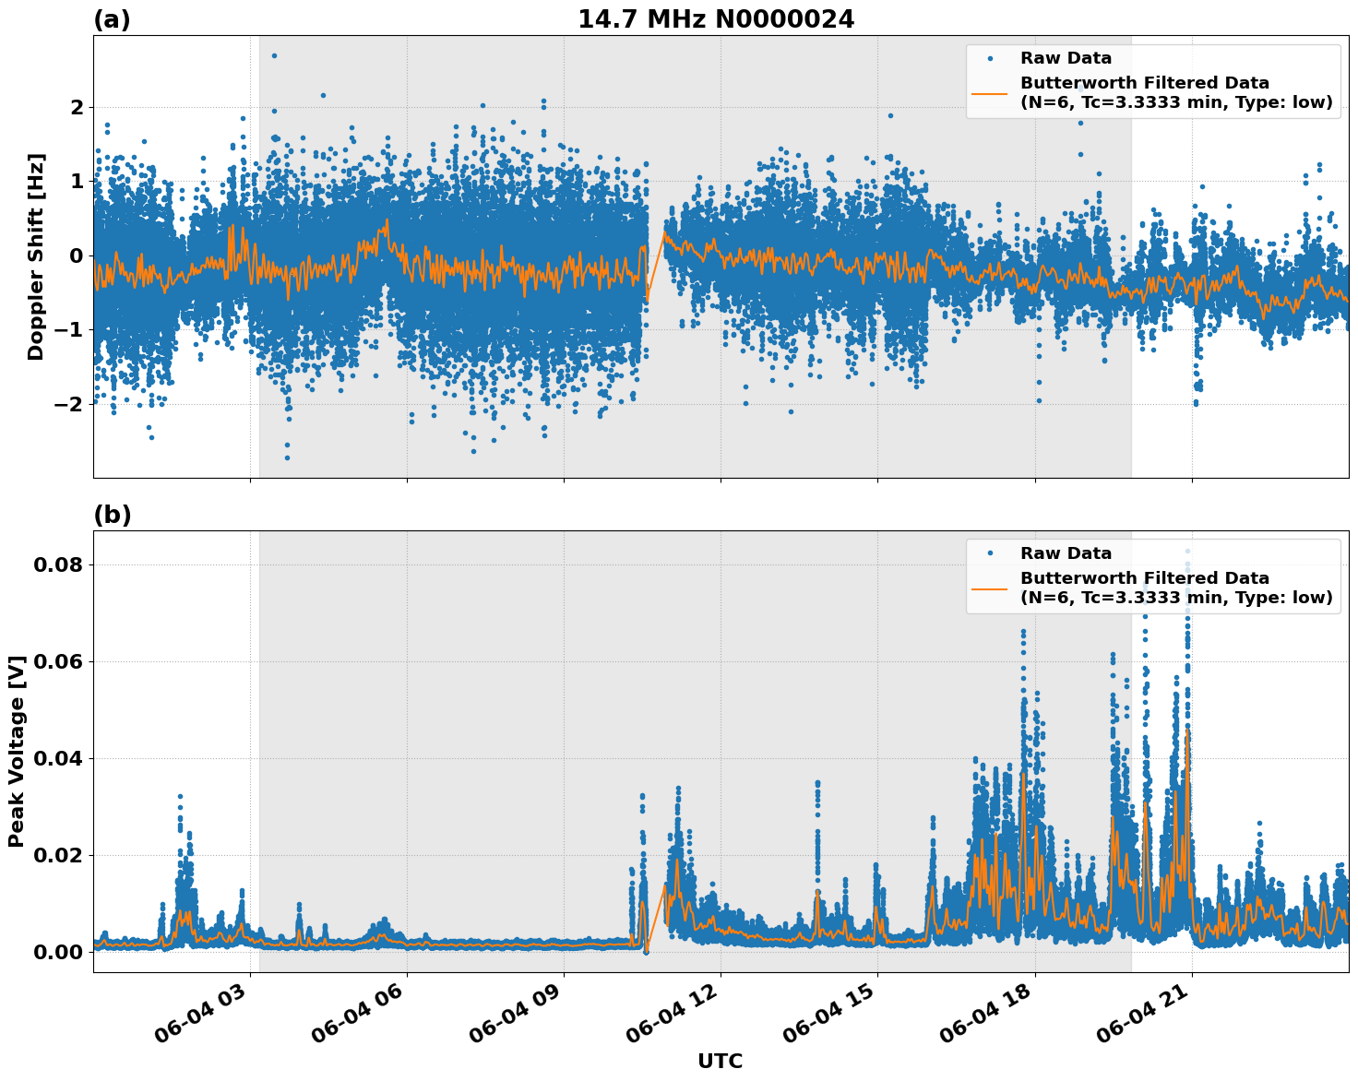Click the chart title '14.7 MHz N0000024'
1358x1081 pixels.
tap(716, 19)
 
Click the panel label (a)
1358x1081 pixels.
tap(112, 19)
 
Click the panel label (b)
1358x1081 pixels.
tap(112, 515)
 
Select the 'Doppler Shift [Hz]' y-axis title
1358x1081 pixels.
tap(36, 256)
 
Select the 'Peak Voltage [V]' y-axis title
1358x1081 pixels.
tap(16, 751)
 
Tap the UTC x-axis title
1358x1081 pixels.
tap(720, 1061)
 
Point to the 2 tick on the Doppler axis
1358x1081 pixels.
tap(77, 108)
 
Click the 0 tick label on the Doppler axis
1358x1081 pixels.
tap(77, 255)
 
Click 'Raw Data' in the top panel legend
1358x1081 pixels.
tap(1066, 58)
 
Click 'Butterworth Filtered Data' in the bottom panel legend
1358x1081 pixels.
tap(1144, 578)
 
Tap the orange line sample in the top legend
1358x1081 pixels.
tap(990, 92)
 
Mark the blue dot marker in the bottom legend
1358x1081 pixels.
tap(990, 553)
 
